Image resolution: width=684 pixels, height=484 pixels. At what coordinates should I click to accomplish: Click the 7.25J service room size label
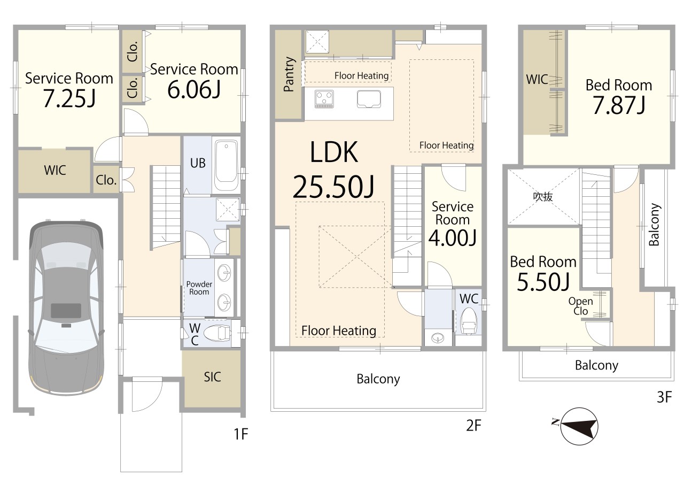69,98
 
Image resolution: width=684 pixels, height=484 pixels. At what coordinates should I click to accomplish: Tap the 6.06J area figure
194,89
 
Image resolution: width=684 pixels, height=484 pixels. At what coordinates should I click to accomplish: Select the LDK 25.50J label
334,170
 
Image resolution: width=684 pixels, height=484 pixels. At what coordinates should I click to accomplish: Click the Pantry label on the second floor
289,74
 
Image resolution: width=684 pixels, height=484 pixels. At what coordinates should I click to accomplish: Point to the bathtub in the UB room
226,166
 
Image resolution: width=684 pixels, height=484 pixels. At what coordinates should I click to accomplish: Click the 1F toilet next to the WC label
217,333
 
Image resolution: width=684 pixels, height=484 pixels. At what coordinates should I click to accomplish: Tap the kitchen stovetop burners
324,99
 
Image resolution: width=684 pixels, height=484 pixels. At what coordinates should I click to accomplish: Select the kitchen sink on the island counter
369,99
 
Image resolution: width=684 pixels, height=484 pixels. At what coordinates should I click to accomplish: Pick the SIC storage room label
212,377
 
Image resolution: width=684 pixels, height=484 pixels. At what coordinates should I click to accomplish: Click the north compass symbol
579,426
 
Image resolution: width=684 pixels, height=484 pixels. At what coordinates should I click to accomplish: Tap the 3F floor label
664,397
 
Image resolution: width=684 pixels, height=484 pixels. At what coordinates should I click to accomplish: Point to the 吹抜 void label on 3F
542,196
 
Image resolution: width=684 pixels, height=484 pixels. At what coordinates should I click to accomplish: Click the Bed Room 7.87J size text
619,105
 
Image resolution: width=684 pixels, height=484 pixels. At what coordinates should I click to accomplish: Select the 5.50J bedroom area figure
543,282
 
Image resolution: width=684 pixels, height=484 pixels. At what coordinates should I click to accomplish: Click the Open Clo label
580,306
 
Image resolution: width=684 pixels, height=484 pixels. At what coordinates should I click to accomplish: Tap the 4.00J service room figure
452,238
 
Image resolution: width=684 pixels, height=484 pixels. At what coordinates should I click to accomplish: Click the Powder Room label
199,288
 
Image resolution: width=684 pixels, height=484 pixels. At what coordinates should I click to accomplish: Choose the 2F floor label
473,426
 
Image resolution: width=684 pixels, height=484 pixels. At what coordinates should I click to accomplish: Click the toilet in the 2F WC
469,320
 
